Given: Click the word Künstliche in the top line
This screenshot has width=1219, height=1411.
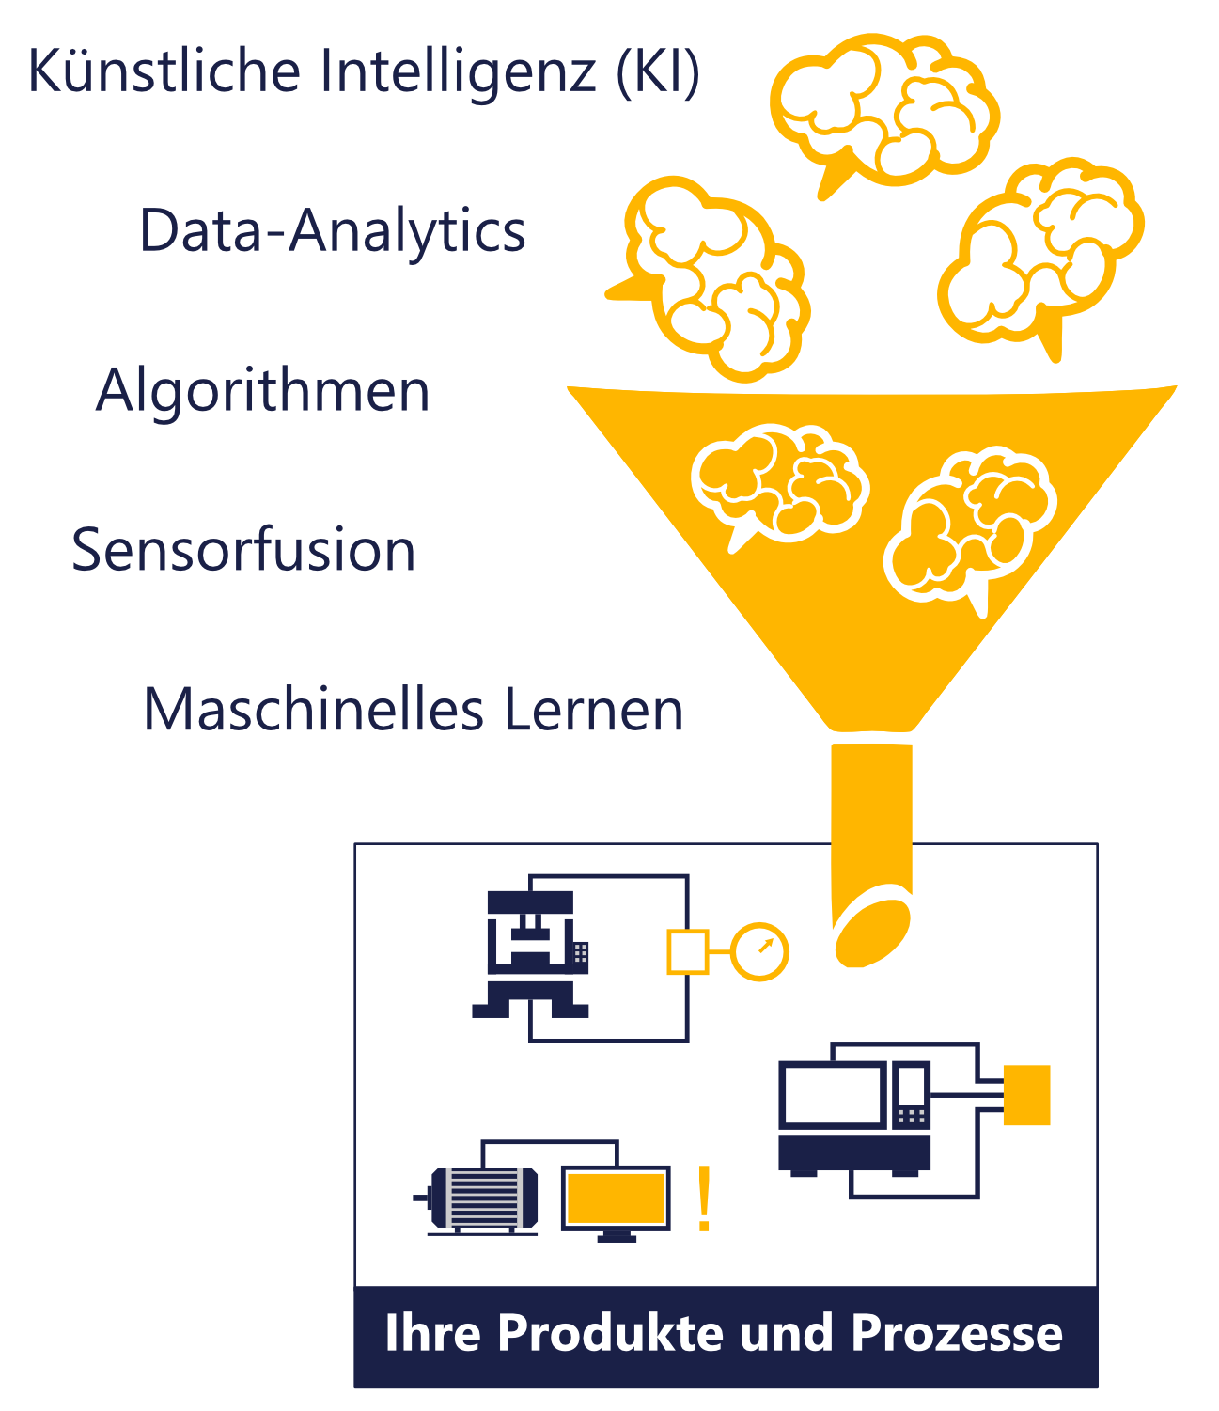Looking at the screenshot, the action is pyautogui.click(x=164, y=71).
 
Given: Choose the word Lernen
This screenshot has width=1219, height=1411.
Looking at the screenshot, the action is pyautogui.click(x=594, y=709).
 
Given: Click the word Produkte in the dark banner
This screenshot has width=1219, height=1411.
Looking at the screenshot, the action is pyautogui.click(x=609, y=1332).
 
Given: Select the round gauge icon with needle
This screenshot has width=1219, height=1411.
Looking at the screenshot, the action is pyautogui.click(x=759, y=951).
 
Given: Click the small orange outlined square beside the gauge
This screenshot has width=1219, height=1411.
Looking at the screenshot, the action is pyautogui.click(x=687, y=951).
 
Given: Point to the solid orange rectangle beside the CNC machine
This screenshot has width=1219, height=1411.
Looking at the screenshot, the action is pyautogui.click(x=1025, y=1094).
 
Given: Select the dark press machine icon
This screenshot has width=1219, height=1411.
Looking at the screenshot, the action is pyautogui.click(x=530, y=953).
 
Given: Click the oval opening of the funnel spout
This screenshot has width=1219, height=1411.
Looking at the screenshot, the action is pyautogui.click(x=872, y=933).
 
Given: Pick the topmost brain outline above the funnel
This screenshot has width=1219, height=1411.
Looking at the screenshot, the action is pyautogui.click(x=885, y=113).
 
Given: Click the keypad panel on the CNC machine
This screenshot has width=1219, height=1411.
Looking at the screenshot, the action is pyautogui.click(x=911, y=1096).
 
